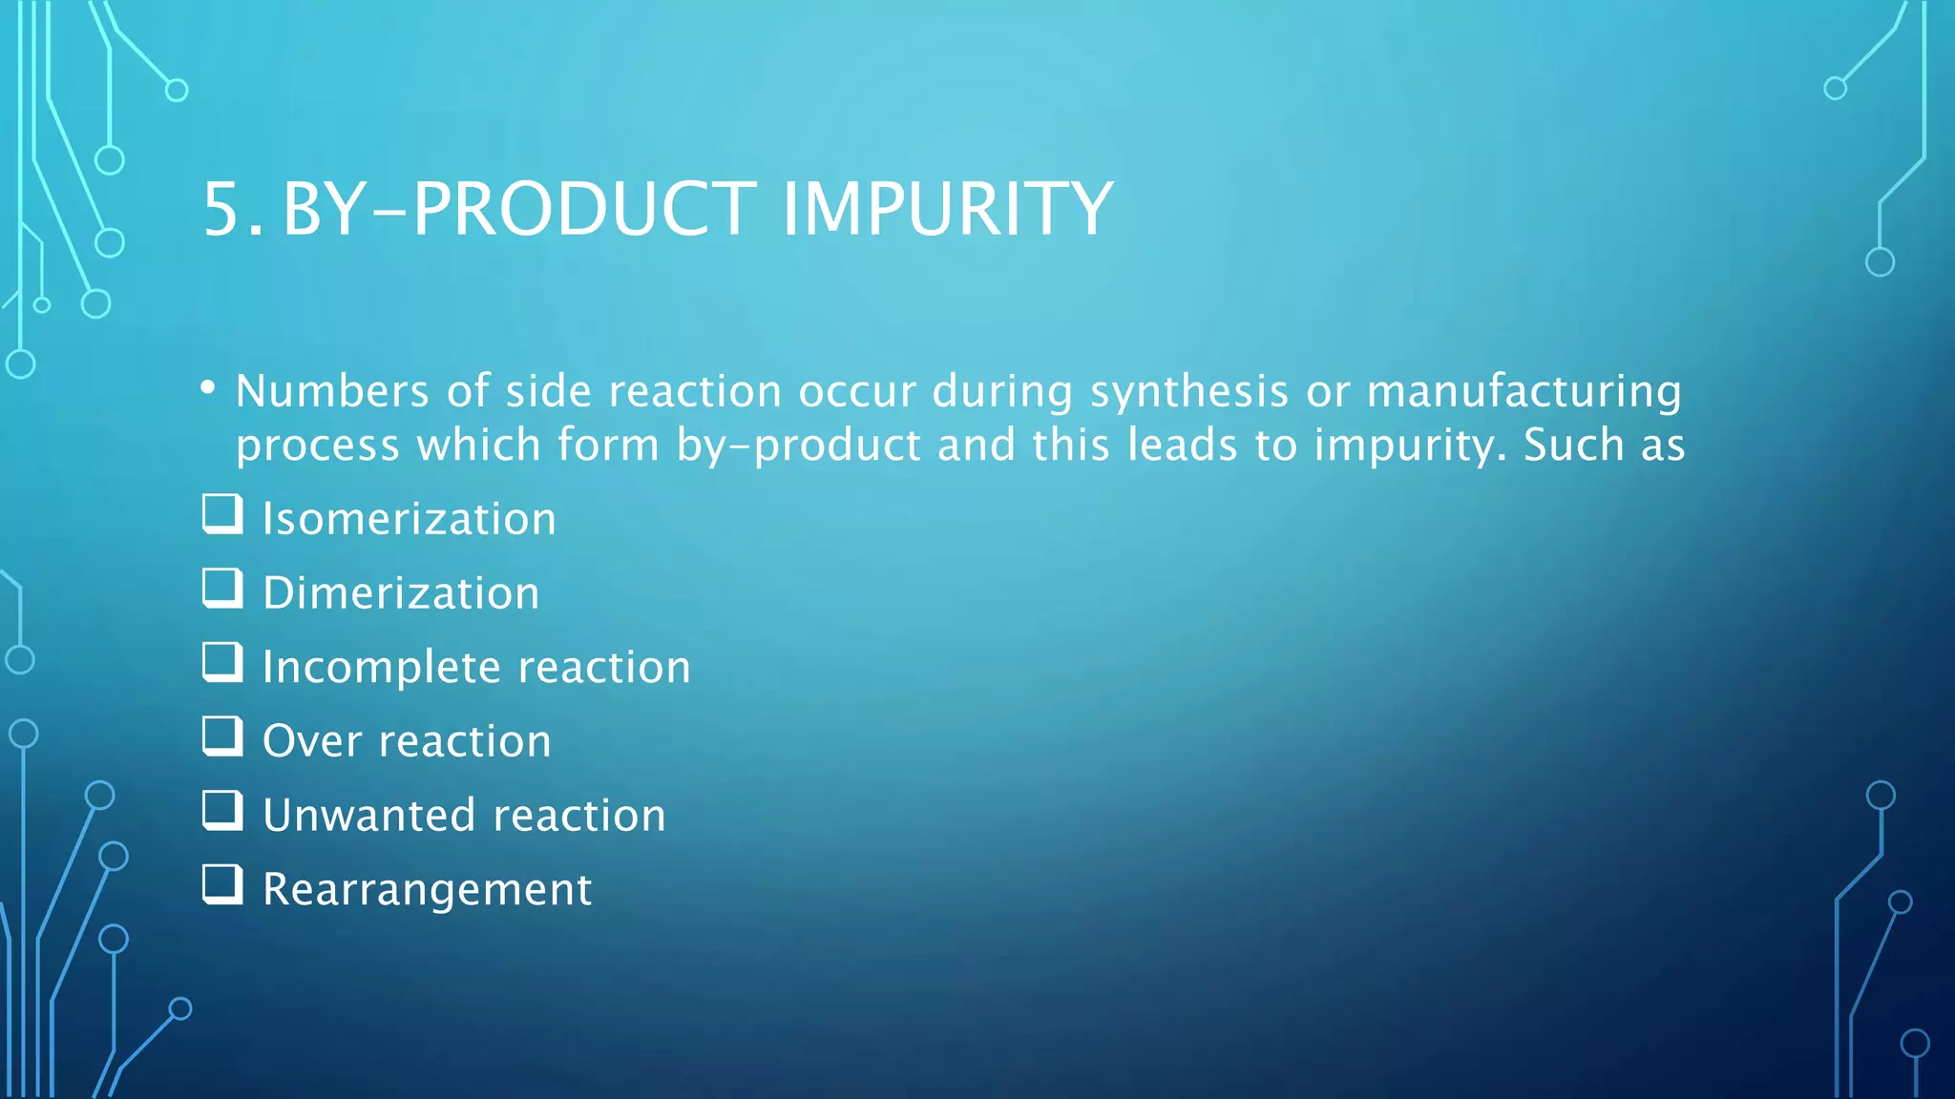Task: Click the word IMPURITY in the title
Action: (947, 209)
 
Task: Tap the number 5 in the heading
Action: (225, 209)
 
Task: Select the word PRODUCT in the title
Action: (585, 209)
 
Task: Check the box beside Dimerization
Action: (222, 589)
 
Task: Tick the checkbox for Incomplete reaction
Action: (222, 662)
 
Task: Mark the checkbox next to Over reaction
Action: (222, 736)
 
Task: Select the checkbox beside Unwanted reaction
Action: (222, 811)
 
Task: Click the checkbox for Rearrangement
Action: (222, 884)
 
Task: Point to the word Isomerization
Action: (409, 519)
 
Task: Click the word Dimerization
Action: (401, 593)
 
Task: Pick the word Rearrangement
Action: (427, 890)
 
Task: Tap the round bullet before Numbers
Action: (208, 387)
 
